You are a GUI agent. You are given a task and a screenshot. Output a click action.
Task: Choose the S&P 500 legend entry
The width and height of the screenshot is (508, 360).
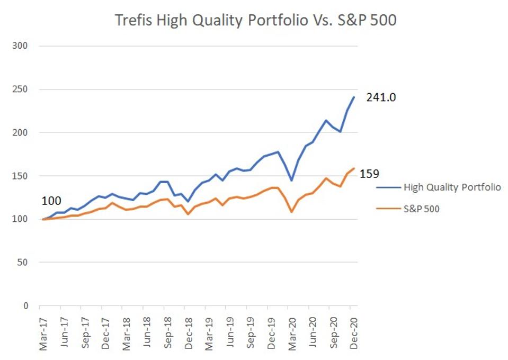[421, 209]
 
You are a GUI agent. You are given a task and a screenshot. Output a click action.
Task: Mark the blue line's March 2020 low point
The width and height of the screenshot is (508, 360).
[291, 181]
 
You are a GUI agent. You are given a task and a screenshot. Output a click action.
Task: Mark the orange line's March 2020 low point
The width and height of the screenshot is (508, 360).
[291, 212]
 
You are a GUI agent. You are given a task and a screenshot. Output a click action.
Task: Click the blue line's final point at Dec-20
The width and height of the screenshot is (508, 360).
[354, 97]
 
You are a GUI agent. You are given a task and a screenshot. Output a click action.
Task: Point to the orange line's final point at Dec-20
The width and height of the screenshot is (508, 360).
[354, 169]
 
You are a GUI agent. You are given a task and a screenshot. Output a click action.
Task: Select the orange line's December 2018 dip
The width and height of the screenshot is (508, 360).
[188, 214]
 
